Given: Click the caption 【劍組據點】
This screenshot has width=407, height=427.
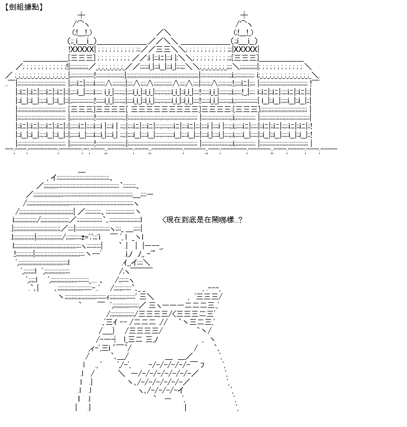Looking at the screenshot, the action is [x=24, y=7].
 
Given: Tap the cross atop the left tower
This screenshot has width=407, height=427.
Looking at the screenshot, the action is [x=81, y=15].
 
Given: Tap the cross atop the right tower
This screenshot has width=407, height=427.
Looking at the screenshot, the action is [x=244, y=15].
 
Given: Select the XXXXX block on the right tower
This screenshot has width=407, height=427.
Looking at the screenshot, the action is [x=246, y=49].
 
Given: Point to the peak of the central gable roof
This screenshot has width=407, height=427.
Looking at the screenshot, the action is [x=163, y=29].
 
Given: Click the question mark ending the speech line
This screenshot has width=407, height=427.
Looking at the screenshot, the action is [x=240, y=220].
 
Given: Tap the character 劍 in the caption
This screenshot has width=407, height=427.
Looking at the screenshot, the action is [x=13, y=7].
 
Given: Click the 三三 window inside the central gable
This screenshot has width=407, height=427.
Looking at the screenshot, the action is [x=163, y=49].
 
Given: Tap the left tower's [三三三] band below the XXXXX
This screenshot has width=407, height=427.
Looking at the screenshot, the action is [x=82, y=58].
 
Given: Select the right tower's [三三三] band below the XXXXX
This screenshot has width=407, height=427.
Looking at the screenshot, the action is [x=245, y=58].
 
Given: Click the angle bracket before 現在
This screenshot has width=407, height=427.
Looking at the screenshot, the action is [x=164, y=220].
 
